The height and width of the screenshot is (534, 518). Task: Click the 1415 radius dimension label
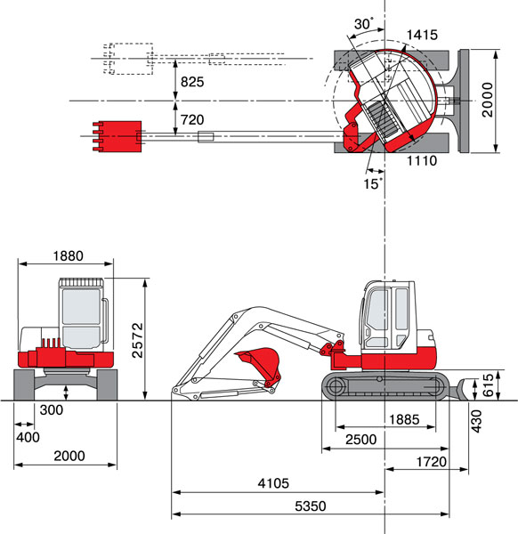tap(422, 35)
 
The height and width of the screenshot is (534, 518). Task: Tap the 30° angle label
tap(363, 24)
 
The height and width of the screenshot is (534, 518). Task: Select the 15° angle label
tap(373, 183)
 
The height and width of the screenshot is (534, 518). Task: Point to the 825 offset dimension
tap(192, 82)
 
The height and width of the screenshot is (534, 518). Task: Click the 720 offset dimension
tap(192, 119)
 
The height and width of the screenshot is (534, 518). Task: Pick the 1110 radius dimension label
tap(422, 160)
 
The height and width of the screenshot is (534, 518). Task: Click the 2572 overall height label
tap(138, 340)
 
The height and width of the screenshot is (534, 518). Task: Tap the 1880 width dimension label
tap(69, 255)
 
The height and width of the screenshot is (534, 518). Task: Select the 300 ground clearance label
tap(52, 409)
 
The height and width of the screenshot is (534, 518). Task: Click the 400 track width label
tap(28, 437)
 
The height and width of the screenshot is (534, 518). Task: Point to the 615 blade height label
tap(488, 384)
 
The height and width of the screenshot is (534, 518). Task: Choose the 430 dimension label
tap(476, 421)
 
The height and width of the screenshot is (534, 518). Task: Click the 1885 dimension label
tap(404, 419)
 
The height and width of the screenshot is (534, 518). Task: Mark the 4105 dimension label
tap(273, 483)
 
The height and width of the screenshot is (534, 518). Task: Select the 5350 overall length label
tap(311, 506)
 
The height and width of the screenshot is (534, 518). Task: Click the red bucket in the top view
tap(117, 136)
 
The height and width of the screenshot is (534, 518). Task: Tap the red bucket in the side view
tap(260, 366)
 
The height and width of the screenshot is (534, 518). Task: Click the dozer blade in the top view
tap(464, 101)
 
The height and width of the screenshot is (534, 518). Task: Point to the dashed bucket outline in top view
tap(128, 59)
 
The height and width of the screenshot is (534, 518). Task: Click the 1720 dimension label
tap(431, 462)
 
